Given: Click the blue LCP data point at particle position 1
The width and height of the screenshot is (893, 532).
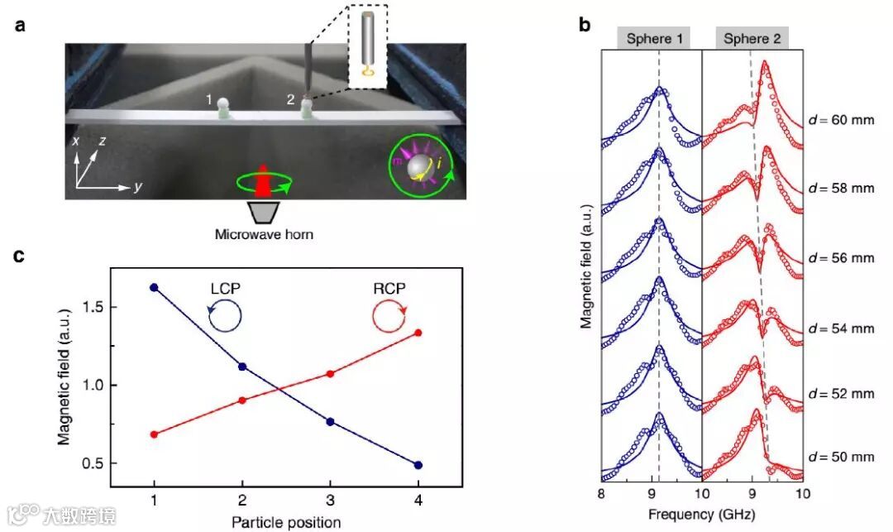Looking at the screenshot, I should pyautogui.click(x=154, y=287).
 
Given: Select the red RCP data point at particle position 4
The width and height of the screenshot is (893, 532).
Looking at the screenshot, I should pyautogui.click(x=418, y=333).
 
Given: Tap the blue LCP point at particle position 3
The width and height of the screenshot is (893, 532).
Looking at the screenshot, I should pyautogui.click(x=330, y=421).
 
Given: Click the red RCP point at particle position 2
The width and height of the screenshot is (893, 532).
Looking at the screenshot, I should pyautogui.click(x=242, y=400).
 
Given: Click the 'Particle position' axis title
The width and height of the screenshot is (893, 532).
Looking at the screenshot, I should pyautogui.click(x=286, y=521).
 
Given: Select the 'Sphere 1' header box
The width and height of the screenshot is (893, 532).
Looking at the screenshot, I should pyautogui.click(x=654, y=38).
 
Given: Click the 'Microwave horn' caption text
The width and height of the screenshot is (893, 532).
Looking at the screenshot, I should pyautogui.click(x=264, y=234).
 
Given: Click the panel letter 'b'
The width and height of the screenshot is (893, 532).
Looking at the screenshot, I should pyautogui.click(x=585, y=26).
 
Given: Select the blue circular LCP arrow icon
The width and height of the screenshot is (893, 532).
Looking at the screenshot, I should pyautogui.click(x=224, y=315).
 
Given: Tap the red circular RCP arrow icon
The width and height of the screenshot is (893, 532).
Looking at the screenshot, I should pyautogui.click(x=388, y=315).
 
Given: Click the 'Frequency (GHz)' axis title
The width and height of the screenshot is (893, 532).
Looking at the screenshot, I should pyautogui.click(x=701, y=514).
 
